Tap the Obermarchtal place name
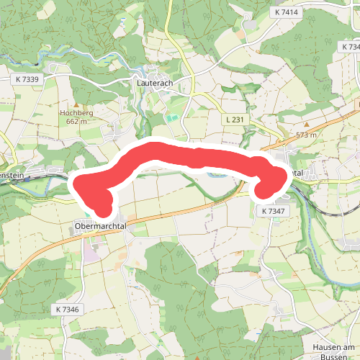click(100, 226)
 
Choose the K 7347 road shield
click(274, 210)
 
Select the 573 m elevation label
click(307, 135)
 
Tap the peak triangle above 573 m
click(307, 126)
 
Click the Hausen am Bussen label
click(335, 352)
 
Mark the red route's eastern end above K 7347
click(266, 189)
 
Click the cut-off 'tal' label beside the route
click(297, 174)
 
